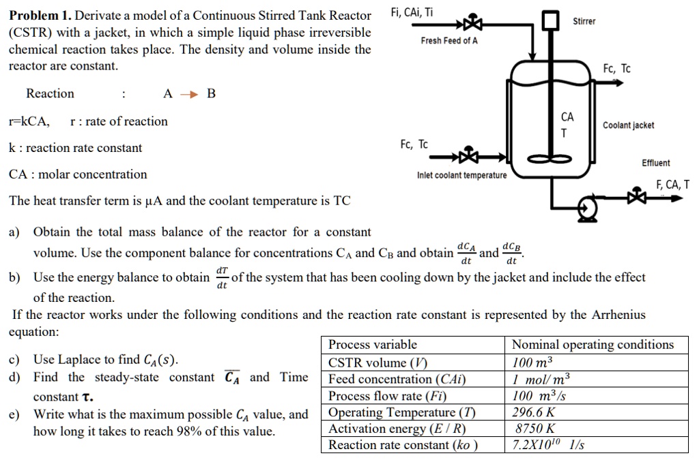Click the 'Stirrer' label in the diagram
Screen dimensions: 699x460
click(x=584, y=21)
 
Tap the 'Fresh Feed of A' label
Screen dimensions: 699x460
click(x=449, y=41)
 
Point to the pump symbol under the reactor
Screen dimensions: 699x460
click(x=586, y=206)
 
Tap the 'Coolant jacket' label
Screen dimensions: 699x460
click(x=628, y=125)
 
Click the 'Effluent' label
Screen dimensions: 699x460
click(x=655, y=163)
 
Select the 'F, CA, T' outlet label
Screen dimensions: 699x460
click(x=672, y=184)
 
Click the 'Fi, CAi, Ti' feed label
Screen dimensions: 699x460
click(x=412, y=12)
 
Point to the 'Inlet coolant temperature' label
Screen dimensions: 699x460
click(x=461, y=176)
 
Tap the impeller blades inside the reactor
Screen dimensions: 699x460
click(x=550, y=159)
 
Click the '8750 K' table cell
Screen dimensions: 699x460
click(x=534, y=429)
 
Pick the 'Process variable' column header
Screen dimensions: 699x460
click(x=373, y=345)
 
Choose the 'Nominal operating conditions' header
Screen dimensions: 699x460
click(x=593, y=345)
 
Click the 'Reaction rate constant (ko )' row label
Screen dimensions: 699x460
click(x=403, y=445)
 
